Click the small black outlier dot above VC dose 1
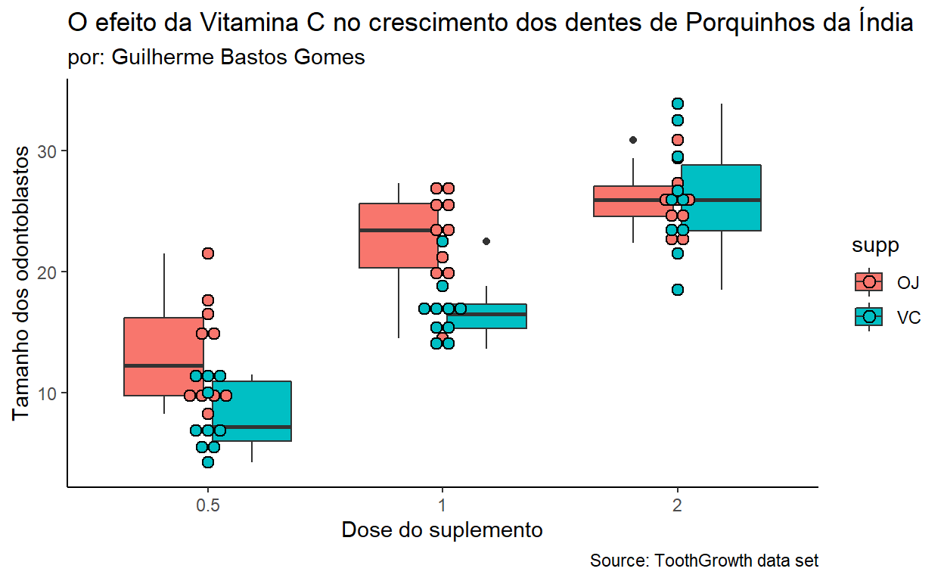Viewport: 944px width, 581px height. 486,241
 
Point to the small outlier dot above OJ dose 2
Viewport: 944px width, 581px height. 633,140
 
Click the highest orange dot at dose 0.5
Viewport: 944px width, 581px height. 208,253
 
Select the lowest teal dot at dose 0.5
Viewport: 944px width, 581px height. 208,462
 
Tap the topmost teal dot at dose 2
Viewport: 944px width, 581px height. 678,104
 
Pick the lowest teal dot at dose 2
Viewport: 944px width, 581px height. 678,290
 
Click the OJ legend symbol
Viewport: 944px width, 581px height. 869,281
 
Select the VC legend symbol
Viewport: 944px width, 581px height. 869,316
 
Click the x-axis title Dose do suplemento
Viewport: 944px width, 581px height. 442,530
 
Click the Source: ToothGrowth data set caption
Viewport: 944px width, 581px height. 703,561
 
